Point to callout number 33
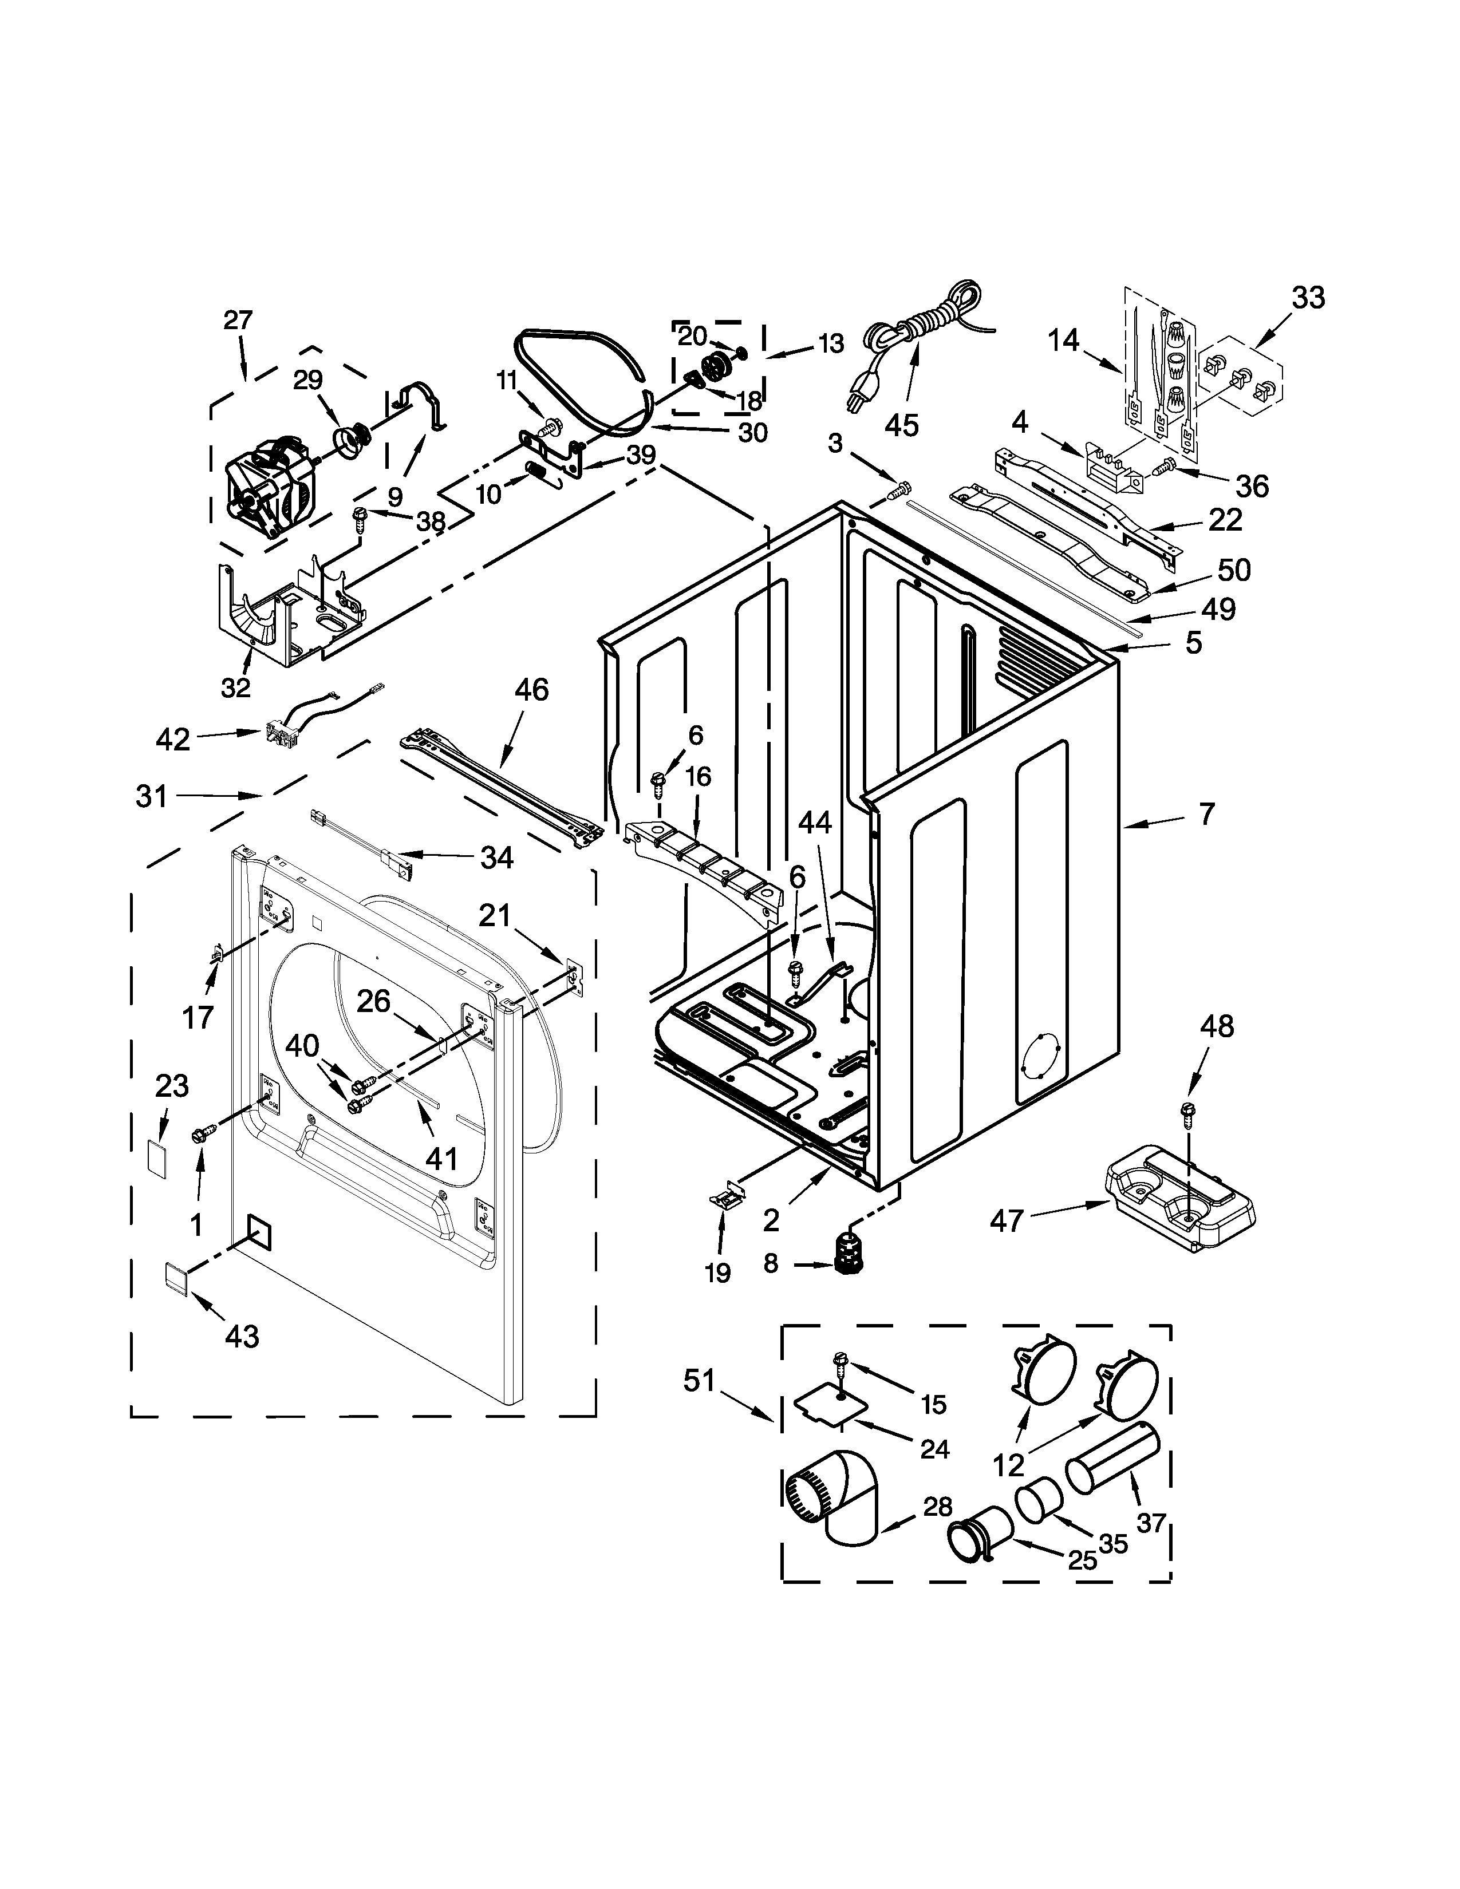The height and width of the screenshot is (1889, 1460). (x=1308, y=298)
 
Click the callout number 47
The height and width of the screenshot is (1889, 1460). (x=1007, y=1222)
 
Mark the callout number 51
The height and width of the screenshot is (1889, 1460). (x=700, y=1381)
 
